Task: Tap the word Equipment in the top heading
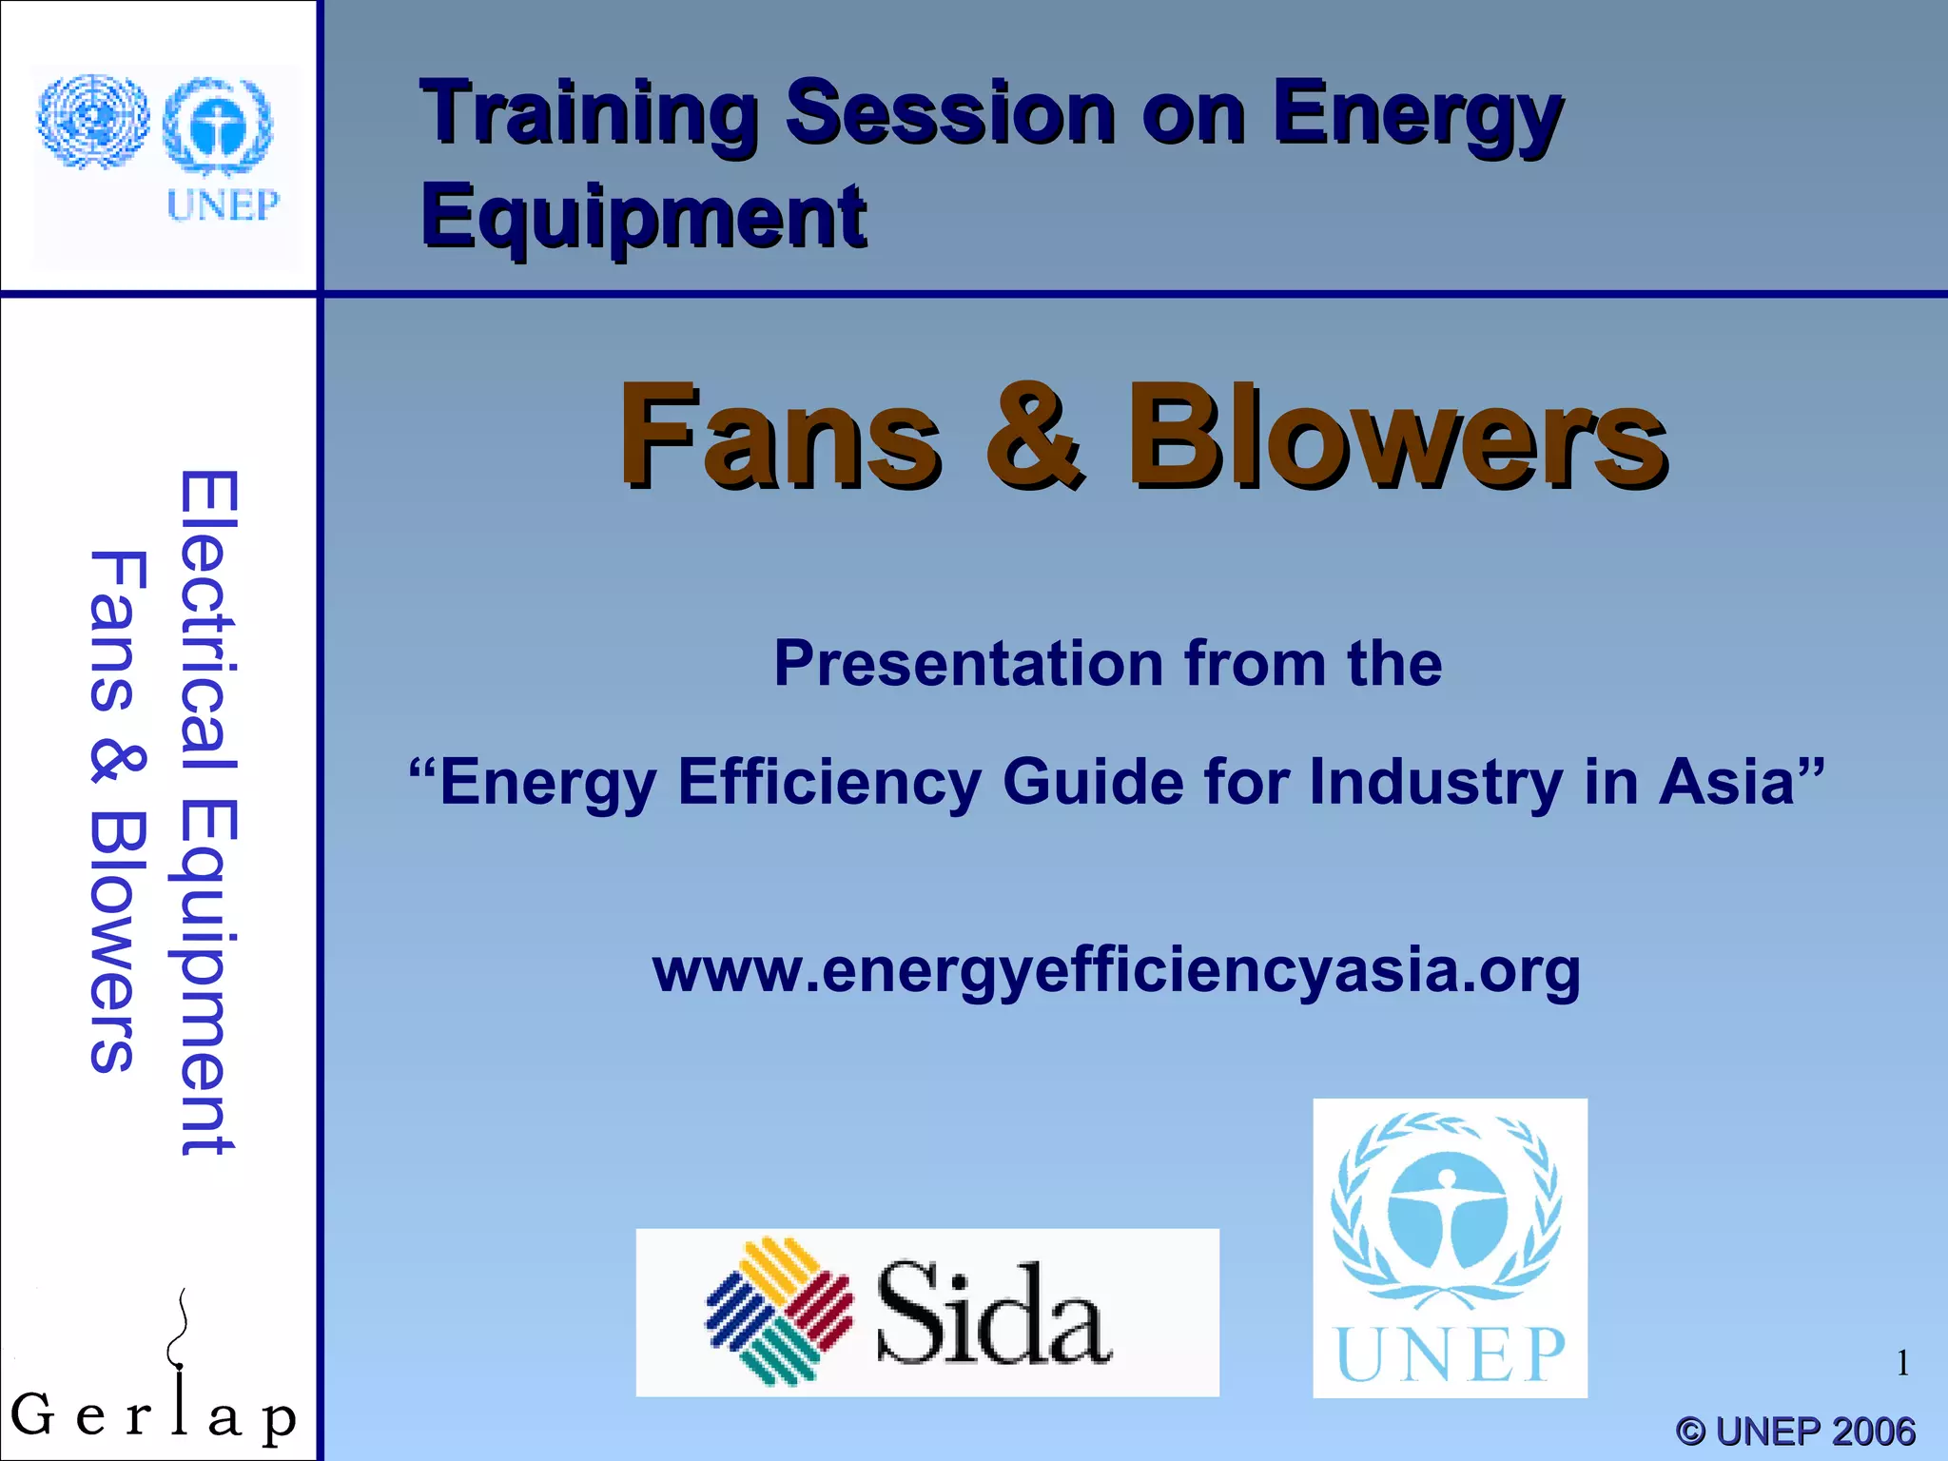click(643, 217)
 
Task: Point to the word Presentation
click(968, 663)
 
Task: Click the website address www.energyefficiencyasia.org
click(1117, 970)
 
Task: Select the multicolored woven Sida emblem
click(780, 1311)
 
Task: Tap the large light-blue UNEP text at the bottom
click(1450, 1354)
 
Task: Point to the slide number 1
click(1902, 1363)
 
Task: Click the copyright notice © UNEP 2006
click(1795, 1431)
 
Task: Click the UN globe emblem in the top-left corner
click(92, 122)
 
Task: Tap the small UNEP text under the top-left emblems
click(223, 205)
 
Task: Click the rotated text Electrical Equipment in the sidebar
click(207, 813)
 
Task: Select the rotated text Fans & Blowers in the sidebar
click(118, 813)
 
